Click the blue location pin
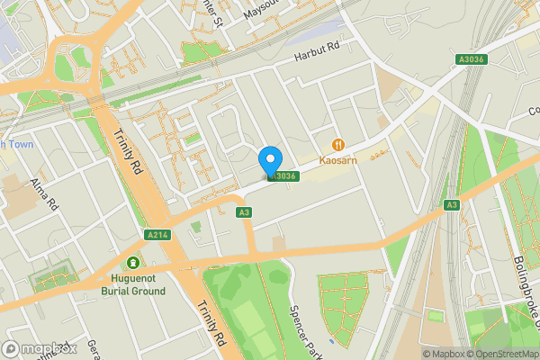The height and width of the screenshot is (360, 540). pyautogui.click(x=269, y=159)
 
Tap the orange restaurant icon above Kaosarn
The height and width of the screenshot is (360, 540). pyautogui.click(x=339, y=144)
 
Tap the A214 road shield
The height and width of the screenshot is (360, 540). pyautogui.click(x=157, y=235)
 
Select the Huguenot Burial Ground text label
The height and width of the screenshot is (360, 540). pyautogui.click(x=133, y=285)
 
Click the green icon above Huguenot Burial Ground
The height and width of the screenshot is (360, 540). pyautogui.click(x=133, y=263)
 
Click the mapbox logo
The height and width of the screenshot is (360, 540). pyautogui.click(x=39, y=348)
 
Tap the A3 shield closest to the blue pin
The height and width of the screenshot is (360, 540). pyautogui.click(x=243, y=212)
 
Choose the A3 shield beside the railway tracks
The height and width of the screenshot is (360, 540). pyautogui.click(x=451, y=205)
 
